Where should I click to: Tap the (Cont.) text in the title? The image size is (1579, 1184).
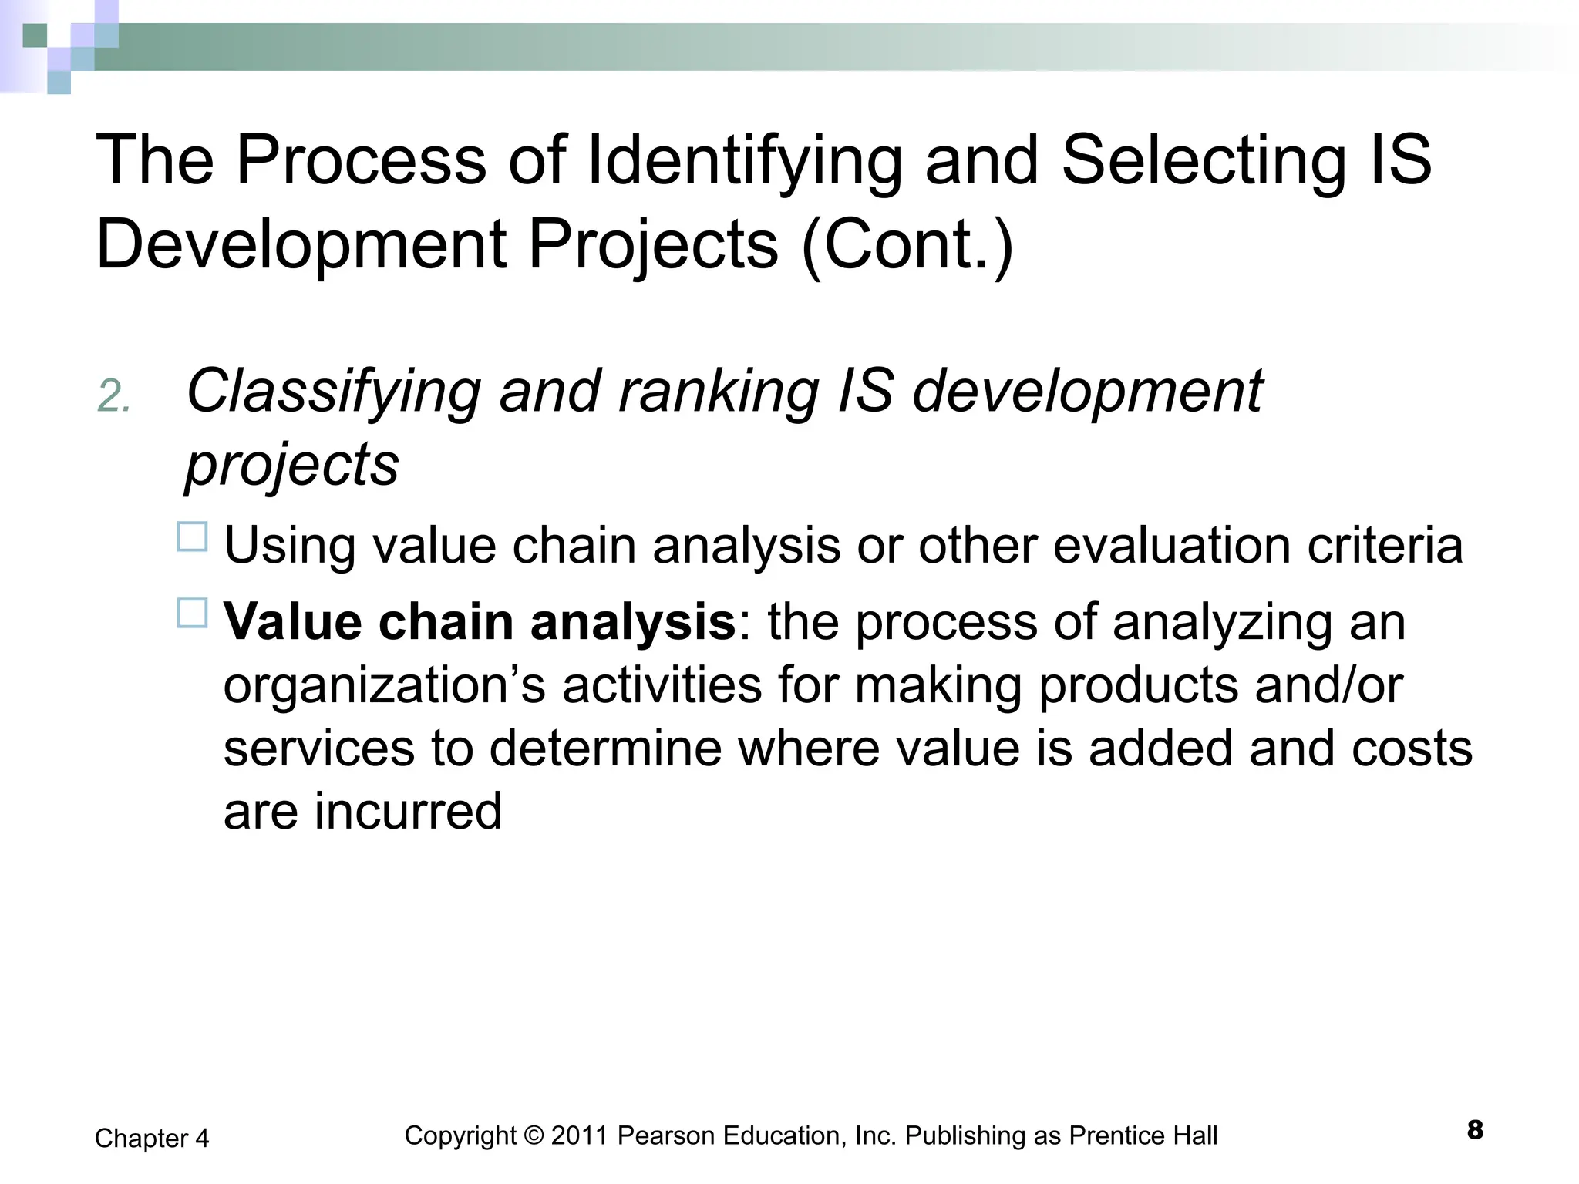coord(907,244)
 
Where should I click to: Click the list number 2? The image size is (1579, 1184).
coord(114,398)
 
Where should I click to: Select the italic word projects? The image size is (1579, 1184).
coord(292,464)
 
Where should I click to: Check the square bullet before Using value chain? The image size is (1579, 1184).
coord(193,537)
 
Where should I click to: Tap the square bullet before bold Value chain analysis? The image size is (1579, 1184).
coord(193,614)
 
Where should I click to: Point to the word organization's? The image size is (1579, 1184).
coord(385,685)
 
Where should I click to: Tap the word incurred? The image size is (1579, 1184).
coord(408,811)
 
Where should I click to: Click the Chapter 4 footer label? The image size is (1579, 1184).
coord(152,1139)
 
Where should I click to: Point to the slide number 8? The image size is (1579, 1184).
coord(1475,1131)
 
